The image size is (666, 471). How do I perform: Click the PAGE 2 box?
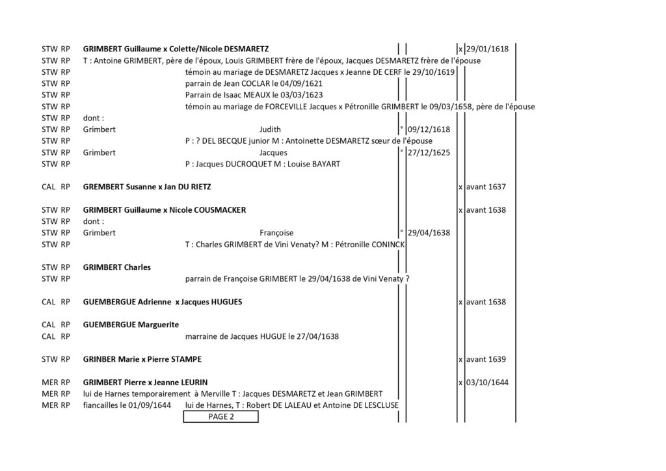[220, 416]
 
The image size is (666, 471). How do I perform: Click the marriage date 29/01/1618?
[487, 49]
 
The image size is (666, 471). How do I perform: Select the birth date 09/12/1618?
[429, 129]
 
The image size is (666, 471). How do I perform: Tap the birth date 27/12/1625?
[429, 152]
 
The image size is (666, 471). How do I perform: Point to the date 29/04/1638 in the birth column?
[429, 233]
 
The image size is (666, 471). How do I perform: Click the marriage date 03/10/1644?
[487, 383]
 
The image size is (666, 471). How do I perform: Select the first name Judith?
[270, 129]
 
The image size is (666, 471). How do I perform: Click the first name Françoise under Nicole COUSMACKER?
[276, 233]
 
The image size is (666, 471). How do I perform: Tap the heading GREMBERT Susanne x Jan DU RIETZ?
[147, 187]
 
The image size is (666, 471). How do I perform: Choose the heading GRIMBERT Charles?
[117, 267]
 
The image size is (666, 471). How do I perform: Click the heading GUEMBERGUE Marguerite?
[131, 325]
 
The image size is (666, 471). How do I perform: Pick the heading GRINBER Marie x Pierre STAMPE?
[142, 359]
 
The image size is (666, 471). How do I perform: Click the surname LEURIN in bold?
[194, 383]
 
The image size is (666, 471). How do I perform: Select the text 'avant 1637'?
[486, 187]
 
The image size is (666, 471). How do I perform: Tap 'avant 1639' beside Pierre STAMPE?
[486, 359]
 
